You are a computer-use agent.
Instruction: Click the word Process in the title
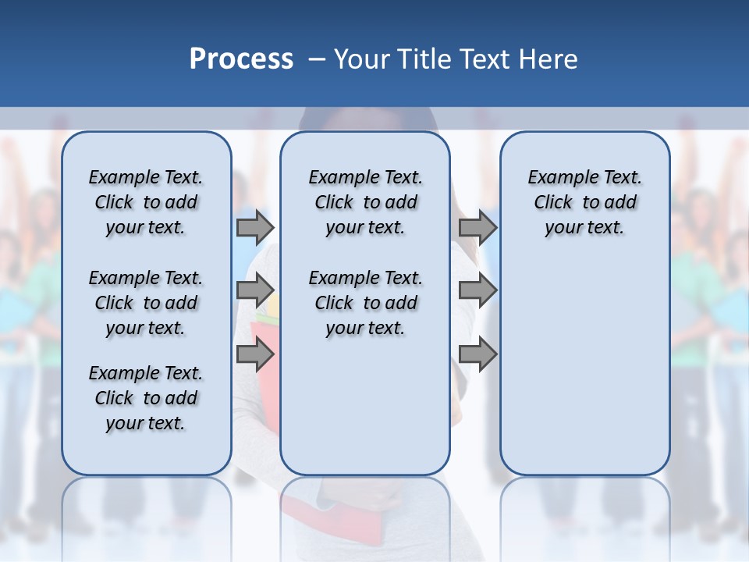coord(241,59)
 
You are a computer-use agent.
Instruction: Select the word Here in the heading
coord(548,59)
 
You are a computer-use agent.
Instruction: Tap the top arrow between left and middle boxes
coord(255,227)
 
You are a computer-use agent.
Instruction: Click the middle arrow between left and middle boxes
coord(255,290)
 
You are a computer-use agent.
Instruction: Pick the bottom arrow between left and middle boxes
coord(255,354)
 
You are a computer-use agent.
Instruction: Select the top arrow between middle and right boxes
coord(477,227)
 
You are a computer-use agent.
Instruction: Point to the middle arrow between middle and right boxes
coord(477,290)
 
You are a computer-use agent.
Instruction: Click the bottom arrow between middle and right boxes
coord(477,354)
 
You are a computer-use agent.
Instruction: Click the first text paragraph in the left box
coord(146,202)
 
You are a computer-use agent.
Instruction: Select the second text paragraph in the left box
coord(146,303)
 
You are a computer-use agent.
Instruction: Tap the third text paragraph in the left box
coord(146,398)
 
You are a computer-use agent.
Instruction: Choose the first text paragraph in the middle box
coord(365,202)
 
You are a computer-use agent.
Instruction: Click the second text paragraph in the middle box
coord(365,303)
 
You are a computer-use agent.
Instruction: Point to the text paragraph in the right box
coord(584,202)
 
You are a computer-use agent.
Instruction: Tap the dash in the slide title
coord(317,59)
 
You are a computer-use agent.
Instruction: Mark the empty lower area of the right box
coord(584,367)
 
